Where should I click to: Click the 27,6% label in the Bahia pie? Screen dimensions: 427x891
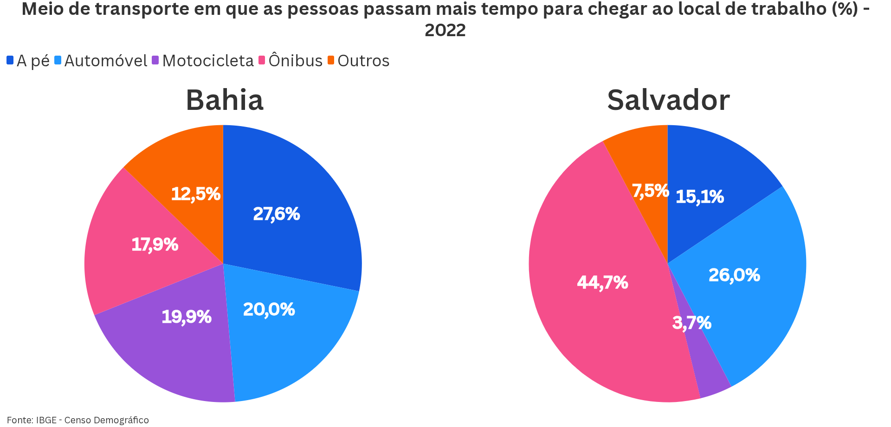pyautogui.click(x=277, y=214)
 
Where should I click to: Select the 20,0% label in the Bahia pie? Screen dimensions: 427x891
pyautogui.click(x=269, y=310)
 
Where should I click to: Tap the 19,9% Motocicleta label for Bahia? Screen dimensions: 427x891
pyautogui.click(x=187, y=317)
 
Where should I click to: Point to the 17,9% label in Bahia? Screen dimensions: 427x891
pyautogui.click(x=155, y=244)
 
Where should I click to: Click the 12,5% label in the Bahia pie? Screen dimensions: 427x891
pyautogui.click(x=196, y=194)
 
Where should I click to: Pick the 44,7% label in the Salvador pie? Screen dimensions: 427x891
pyautogui.click(x=602, y=282)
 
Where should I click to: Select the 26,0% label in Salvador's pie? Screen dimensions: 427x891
pyautogui.click(x=734, y=275)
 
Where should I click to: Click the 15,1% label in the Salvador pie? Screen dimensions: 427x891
pyautogui.click(x=699, y=197)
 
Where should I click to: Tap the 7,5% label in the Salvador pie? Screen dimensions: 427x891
pyautogui.click(x=650, y=191)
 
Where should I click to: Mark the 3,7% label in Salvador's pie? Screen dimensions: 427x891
pyautogui.click(x=691, y=323)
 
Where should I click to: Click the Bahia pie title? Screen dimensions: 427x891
pyautogui.click(x=225, y=100)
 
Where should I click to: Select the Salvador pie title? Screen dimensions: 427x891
pyautogui.click(x=668, y=100)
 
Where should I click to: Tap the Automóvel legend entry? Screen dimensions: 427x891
pyautogui.click(x=101, y=61)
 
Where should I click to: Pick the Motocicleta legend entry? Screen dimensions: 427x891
pyautogui.click(x=203, y=61)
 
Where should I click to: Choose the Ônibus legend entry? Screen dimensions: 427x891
pyautogui.click(x=291, y=61)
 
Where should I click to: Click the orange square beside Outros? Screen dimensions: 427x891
pyautogui.click(x=331, y=60)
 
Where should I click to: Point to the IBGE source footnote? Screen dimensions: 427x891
pyautogui.click(x=78, y=420)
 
